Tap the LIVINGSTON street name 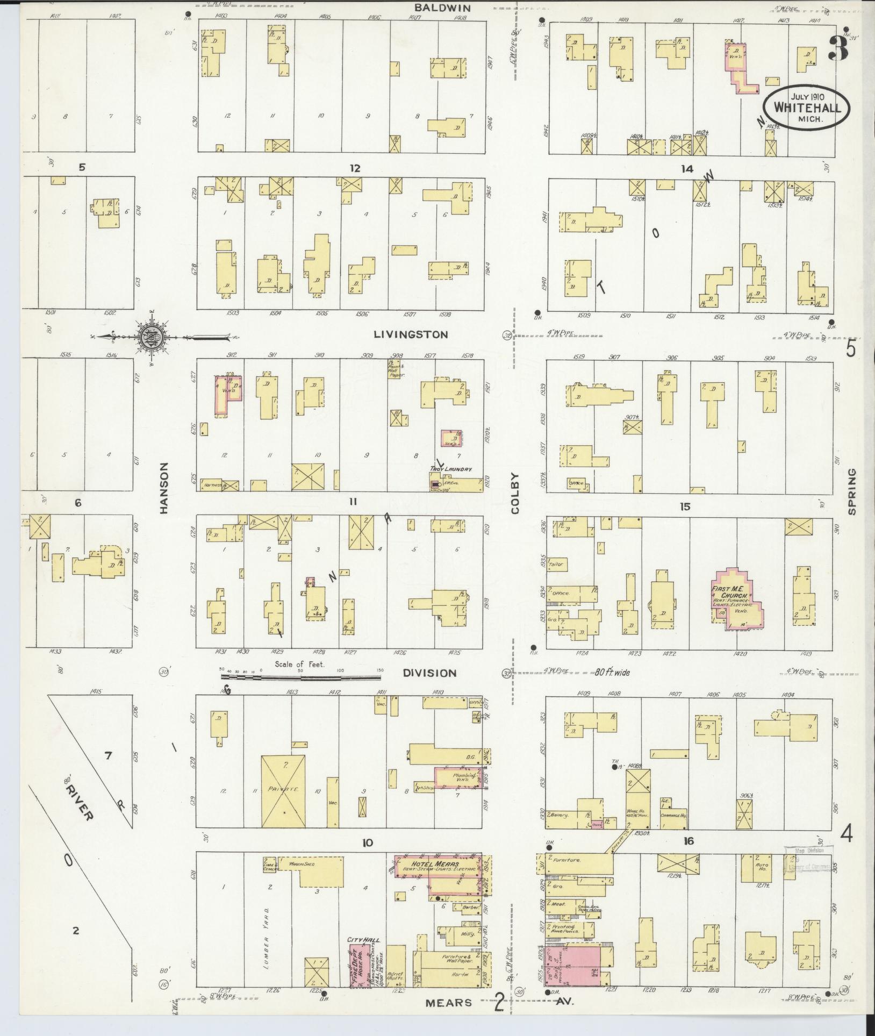(x=411, y=334)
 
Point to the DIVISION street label (x=430, y=673)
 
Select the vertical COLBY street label (x=515, y=494)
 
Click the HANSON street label (x=164, y=488)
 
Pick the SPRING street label (x=851, y=492)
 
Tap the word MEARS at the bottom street (x=449, y=1002)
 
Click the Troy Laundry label (x=450, y=469)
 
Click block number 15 (x=684, y=506)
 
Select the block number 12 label (x=355, y=168)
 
